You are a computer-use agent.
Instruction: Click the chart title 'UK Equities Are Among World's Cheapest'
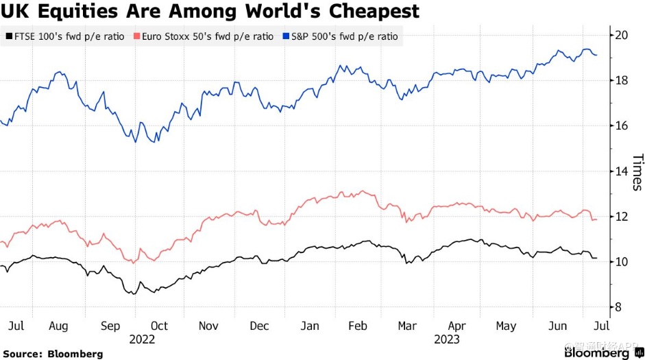210,12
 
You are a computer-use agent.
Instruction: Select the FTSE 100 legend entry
65,36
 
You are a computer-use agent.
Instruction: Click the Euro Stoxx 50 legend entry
206,36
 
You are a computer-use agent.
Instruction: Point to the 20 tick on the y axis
621,35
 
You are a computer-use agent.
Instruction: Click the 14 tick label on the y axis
621,171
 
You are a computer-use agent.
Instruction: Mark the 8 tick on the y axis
618,307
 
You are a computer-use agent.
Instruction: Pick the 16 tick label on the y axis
621,125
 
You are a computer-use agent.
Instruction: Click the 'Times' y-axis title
637,172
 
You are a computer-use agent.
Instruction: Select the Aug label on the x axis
60,326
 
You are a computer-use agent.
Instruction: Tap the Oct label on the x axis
159,326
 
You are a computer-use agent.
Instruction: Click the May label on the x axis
506,326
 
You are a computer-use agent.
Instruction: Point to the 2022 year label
142,339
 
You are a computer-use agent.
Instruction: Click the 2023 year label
446,339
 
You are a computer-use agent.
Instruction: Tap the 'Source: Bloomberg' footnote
52,354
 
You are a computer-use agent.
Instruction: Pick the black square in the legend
8,36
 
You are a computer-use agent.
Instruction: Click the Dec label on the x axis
260,326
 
